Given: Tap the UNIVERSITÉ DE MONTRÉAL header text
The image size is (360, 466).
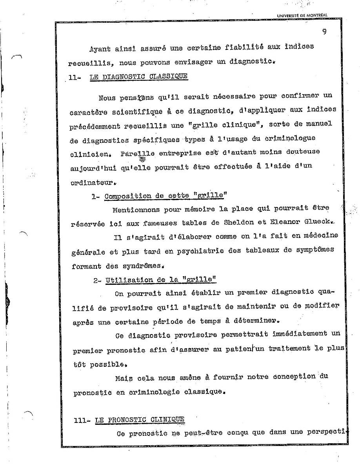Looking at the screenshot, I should click(x=302, y=16).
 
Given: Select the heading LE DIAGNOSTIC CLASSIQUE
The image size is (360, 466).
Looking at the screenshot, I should click(x=139, y=76).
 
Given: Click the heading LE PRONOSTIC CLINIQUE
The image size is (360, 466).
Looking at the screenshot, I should click(x=140, y=420).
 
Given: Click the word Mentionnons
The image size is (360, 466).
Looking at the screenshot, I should click(x=136, y=209).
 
